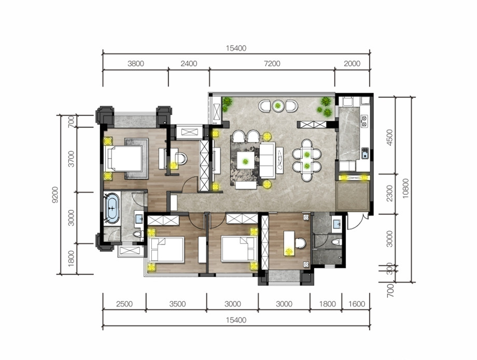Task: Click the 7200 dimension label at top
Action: tap(272, 64)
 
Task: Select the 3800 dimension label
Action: tap(136, 64)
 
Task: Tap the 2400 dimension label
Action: tap(189, 64)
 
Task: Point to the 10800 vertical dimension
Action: tap(406, 189)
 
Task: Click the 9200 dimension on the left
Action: tap(55, 194)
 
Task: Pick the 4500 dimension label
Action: tap(390, 137)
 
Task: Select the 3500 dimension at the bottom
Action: tap(177, 304)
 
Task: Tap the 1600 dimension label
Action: tap(357, 304)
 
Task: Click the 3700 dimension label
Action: tap(71, 159)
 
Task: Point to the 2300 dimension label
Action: tap(390, 194)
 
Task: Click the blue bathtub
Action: tap(113, 208)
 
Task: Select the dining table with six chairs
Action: tap(307, 160)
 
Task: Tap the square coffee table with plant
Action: tap(246, 160)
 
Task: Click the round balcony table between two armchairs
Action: tap(278, 106)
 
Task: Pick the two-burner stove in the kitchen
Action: tap(364, 121)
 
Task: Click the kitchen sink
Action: tap(364, 153)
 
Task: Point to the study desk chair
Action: tap(300, 243)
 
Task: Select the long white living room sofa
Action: tap(268, 160)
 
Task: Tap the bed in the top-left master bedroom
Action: tap(124, 159)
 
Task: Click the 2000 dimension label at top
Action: tap(352, 64)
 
